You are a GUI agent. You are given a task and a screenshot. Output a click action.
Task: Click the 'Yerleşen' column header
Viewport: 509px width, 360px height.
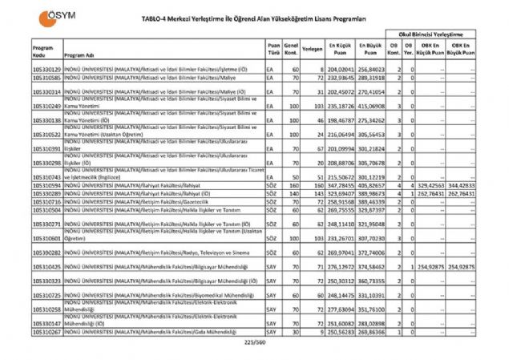(x=313, y=49)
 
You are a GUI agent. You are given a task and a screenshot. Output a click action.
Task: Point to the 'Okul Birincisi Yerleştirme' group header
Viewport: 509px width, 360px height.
(x=433, y=36)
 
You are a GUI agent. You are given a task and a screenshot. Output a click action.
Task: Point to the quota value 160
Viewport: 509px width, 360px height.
(x=294, y=186)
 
